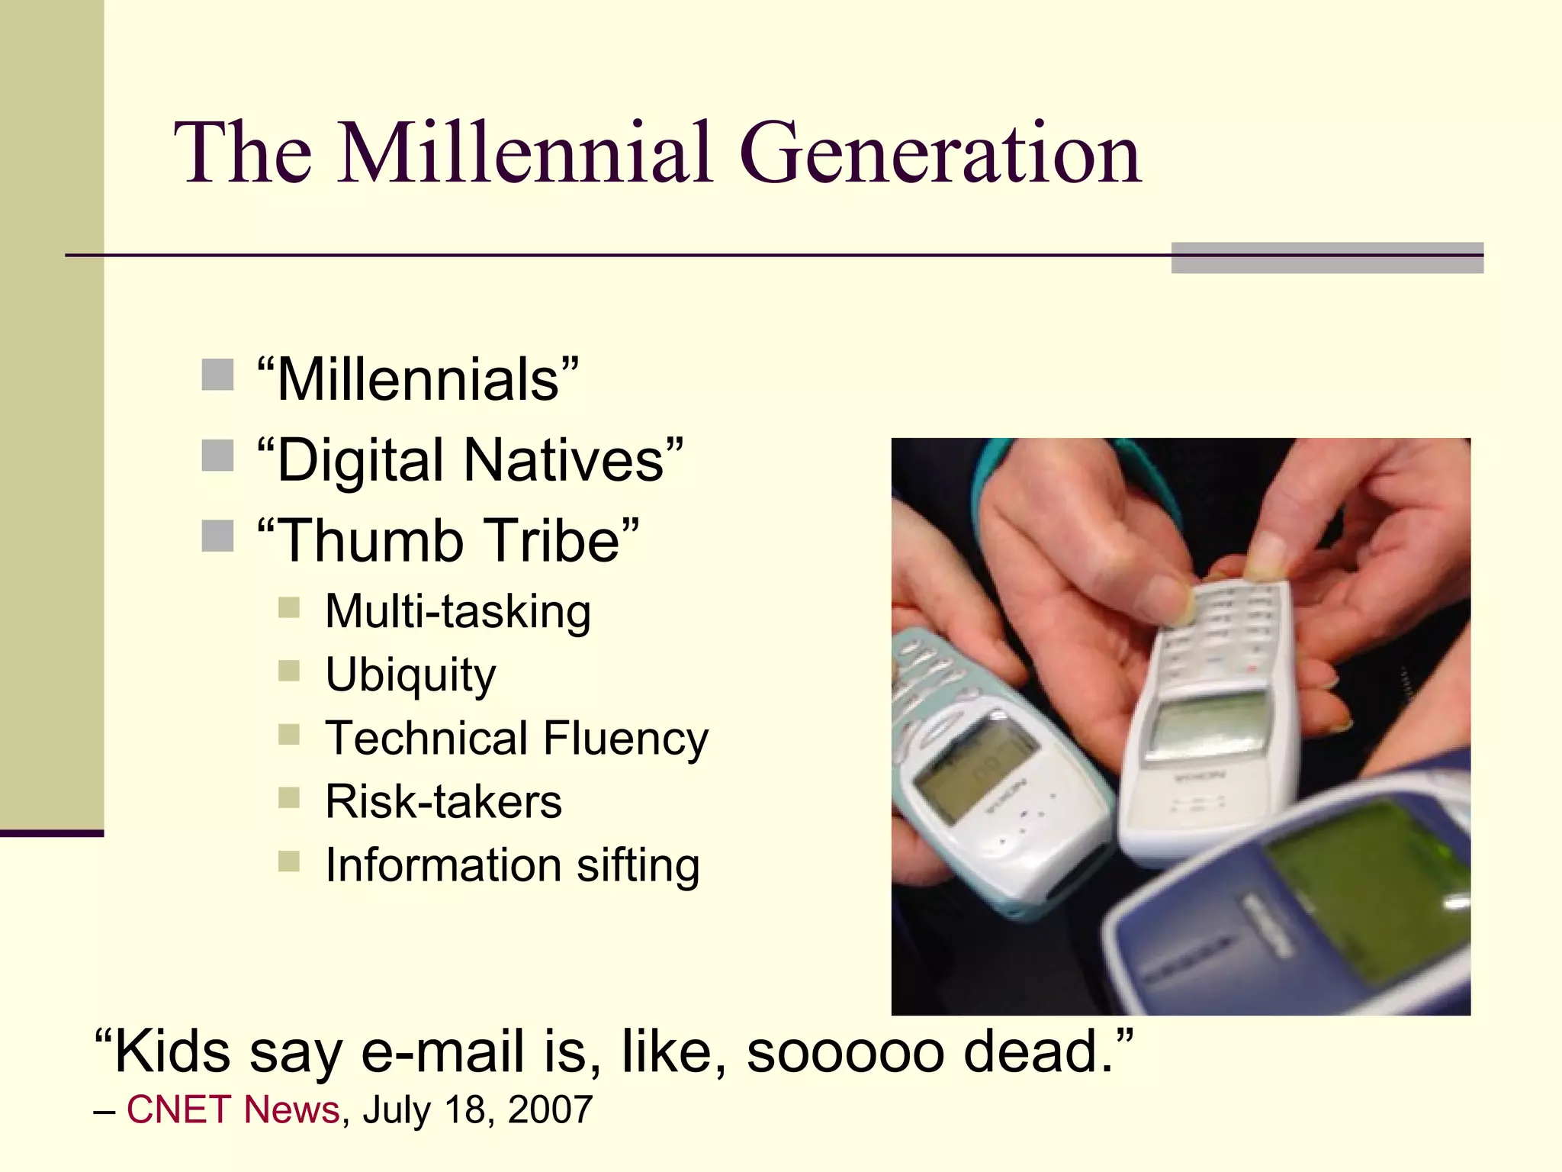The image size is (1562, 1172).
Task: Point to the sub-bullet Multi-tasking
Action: (458, 612)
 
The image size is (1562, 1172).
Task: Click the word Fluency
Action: (625, 739)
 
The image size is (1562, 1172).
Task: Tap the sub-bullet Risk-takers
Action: (443, 802)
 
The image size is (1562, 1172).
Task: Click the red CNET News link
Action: (233, 1109)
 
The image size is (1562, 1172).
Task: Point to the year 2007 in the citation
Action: (550, 1109)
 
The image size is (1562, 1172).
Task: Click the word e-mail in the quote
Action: (442, 1051)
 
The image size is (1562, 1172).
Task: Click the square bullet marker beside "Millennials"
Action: (217, 375)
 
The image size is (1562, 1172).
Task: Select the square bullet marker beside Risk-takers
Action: (289, 798)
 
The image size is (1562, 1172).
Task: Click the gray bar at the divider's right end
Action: (1327, 258)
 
